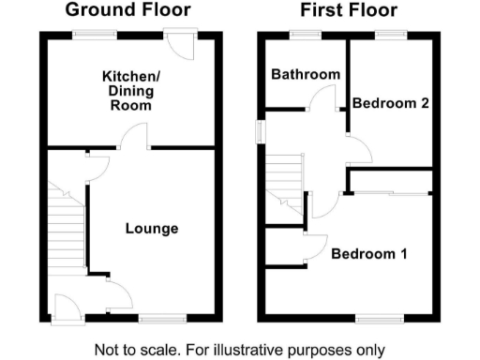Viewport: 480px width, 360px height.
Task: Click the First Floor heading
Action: click(x=348, y=11)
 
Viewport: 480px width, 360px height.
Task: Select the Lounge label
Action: click(x=152, y=229)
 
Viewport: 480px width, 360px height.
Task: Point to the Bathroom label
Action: click(x=305, y=75)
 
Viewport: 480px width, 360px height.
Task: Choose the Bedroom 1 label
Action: click(x=369, y=253)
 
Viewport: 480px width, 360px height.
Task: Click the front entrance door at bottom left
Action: click(x=67, y=307)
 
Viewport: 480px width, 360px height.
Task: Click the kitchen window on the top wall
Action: click(x=96, y=35)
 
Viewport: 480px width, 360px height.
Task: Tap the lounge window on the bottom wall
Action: click(x=156, y=319)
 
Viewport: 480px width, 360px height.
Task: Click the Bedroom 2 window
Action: click(x=388, y=35)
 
